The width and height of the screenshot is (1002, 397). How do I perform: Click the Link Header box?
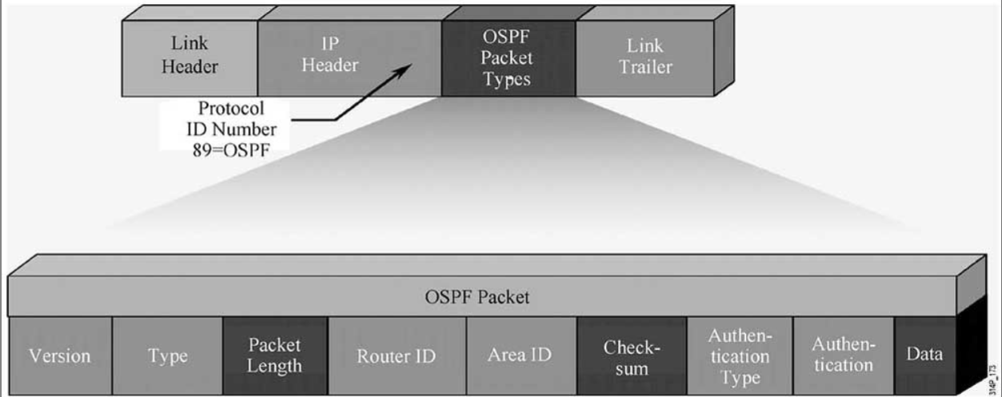[190, 55]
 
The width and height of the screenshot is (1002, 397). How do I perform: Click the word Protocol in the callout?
[242, 109]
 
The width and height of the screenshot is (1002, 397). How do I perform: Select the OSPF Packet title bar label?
[477, 298]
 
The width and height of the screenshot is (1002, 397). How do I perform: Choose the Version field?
[59, 355]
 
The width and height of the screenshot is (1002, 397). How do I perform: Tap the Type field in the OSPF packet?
[167, 355]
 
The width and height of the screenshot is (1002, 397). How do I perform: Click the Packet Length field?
[275, 355]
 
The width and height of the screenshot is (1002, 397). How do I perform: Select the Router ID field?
[396, 355]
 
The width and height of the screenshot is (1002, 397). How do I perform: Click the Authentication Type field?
[739, 355]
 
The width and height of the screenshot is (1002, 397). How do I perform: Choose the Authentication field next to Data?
[842, 355]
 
